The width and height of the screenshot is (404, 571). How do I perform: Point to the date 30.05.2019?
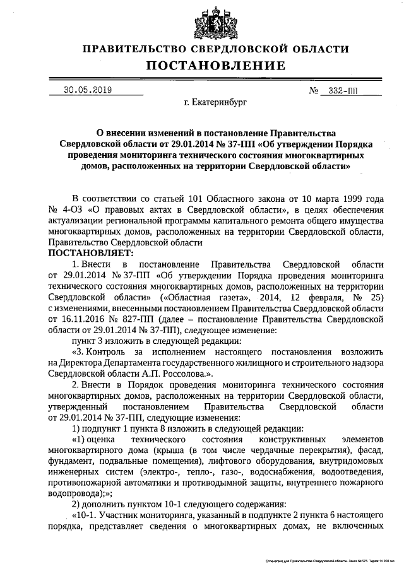pyautogui.click(x=88, y=90)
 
